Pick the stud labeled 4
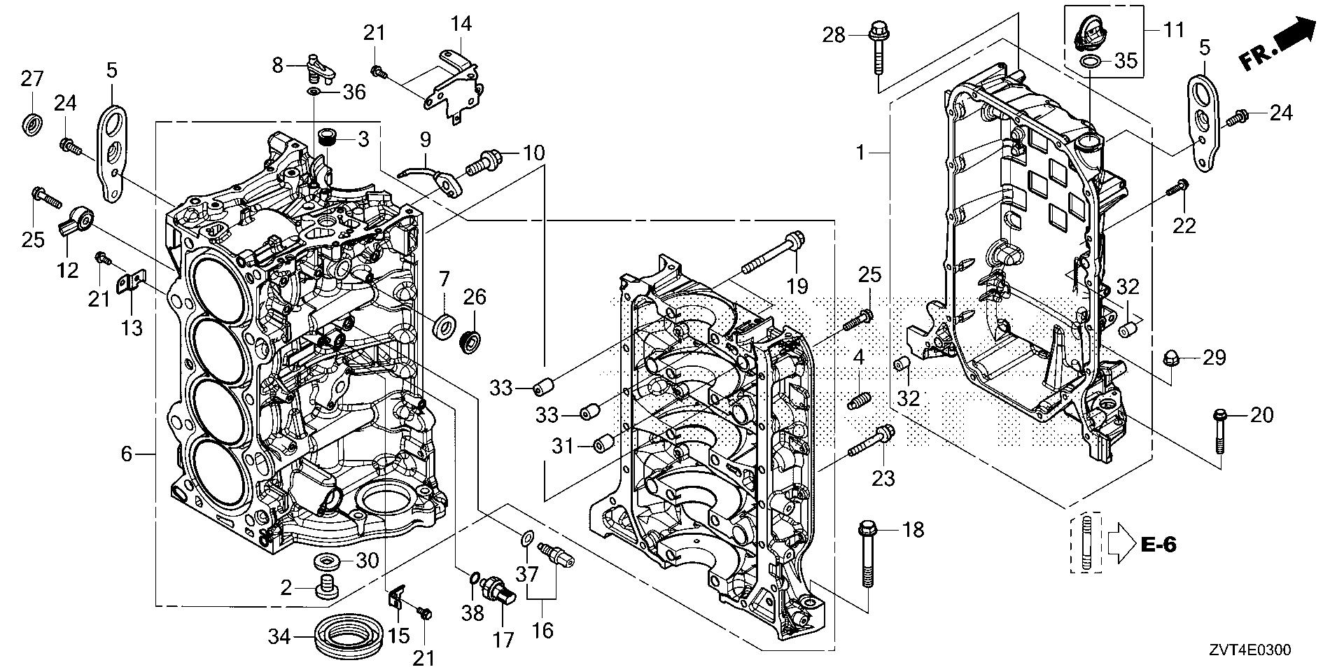click(x=858, y=401)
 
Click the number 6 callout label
click(x=125, y=454)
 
